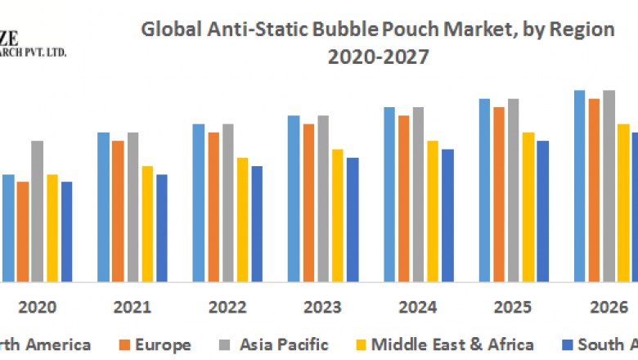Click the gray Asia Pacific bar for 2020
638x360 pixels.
click(38, 211)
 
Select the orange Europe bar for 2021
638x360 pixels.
click(118, 211)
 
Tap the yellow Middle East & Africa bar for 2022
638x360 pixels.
click(242, 219)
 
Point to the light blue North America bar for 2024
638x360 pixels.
click(389, 195)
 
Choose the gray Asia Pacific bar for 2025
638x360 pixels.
click(513, 191)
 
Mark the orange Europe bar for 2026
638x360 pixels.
click(594, 191)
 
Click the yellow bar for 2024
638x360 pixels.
click(433, 211)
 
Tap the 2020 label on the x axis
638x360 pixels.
click(38, 308)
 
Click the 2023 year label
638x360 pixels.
click(322, 308)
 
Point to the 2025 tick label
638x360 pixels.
click(512, 308)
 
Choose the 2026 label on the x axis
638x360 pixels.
click(607, 308)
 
